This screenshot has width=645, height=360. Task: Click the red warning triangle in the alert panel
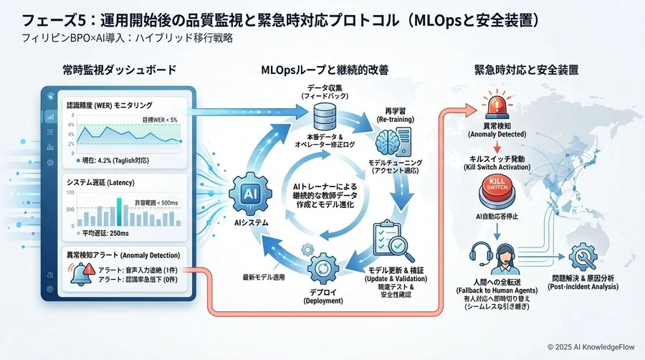(87, 271)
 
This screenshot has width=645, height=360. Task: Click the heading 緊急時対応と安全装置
(527, 70)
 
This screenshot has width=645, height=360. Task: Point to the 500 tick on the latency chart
(70, 209)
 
